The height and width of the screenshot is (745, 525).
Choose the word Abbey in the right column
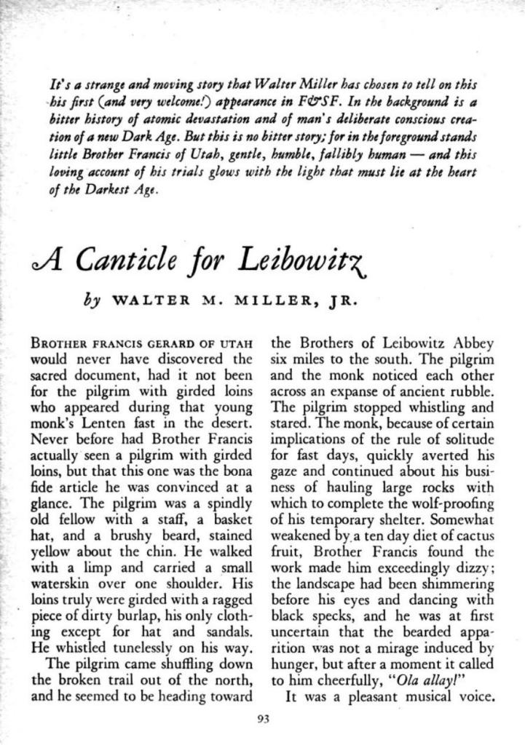coord(473,343)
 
